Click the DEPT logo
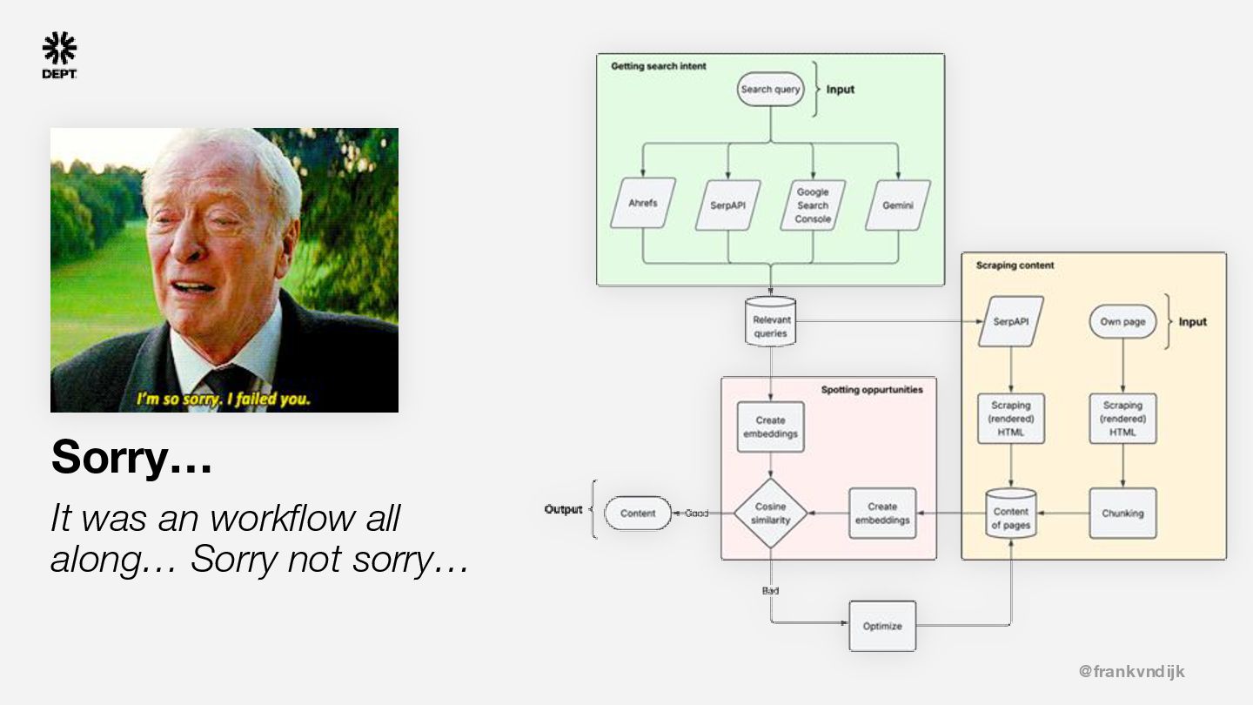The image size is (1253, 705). point(59,55)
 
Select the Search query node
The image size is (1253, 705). point(770,90)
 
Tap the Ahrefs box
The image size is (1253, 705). point(643,205)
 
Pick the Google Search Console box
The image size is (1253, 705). point(813,205)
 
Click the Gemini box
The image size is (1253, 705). point(897,205)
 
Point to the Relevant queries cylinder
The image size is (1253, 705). point(771,323)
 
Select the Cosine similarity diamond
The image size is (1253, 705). point(770,514)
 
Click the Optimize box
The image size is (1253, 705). point(882,627)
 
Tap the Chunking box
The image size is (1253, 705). point(1122,514)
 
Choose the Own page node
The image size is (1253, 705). point(1122,322)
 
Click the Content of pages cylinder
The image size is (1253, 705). point(1011,515)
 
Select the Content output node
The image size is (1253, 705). point(638,514)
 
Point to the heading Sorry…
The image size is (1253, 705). point(131,457)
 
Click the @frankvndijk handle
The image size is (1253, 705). point(1131,671)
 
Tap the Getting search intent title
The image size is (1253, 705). point(659,66)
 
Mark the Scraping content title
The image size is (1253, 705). point(1015,265)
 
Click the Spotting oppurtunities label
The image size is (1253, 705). point(872,390)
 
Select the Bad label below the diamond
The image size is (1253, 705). point(770,591)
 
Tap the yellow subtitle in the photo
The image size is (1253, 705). point(223,399)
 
